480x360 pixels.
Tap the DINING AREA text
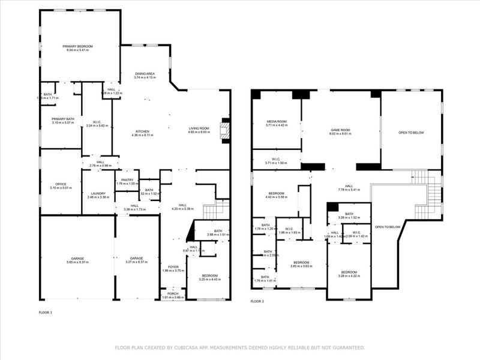[145, 74]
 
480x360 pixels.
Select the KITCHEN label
[142, 131]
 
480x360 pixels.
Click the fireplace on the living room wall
[226, 130]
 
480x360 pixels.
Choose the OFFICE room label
[61, 184]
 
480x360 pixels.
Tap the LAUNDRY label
[98, 193]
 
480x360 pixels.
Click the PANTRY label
[127, 180]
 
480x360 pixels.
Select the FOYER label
[173, 266]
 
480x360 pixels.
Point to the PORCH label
[173, 293]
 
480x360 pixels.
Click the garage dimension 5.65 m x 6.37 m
[78, 262]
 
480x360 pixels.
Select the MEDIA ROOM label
[277, 122]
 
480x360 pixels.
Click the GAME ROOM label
[340, 130]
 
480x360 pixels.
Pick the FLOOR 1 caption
[46, 313]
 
